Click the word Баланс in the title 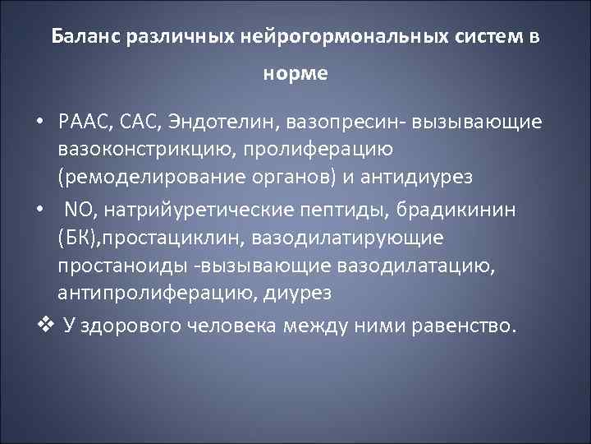[x=85, y=37]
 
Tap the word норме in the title [x=295, y=73]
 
